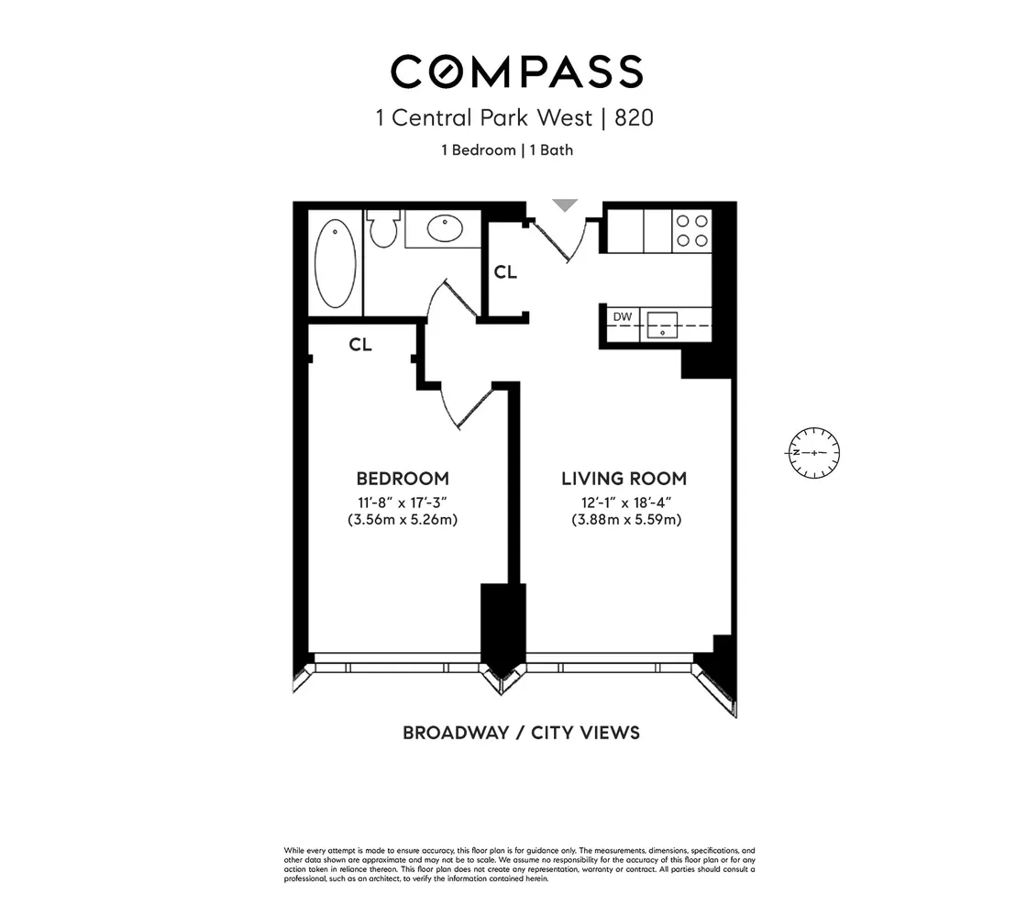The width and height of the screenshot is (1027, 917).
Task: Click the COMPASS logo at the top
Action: (x=516, y=72)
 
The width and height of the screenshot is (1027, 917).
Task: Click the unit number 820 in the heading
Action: (x=634, y=118)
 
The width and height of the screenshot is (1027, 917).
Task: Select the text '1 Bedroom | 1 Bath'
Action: (x=507, y=149)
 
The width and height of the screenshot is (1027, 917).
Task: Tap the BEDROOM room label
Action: (x=402, y=479)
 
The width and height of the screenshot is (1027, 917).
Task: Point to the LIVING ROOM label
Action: (x=624, y=479)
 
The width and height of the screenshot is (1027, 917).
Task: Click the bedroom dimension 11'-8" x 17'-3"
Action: (x=402, y=501)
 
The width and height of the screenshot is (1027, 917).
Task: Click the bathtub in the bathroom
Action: (x=335, y=260)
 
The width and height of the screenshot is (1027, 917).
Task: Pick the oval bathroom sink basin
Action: (x=446, y=227)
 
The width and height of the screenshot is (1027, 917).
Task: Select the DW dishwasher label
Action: (x=622, y=317)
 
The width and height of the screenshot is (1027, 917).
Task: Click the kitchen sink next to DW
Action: (x=662, y=325)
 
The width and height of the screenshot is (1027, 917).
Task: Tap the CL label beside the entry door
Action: (x=505, y=272)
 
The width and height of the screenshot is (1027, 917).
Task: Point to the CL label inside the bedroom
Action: (x=360, y=345)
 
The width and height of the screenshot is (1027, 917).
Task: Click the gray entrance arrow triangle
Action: (x=566, y=205)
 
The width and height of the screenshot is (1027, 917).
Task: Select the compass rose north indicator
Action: (x=812, y=453)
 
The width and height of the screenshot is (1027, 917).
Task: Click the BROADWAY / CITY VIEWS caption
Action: (x=521, y=733)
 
